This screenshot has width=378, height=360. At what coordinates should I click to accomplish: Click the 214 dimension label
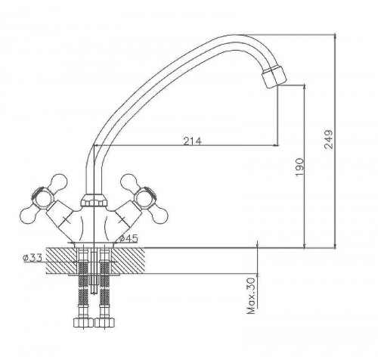[192, 141]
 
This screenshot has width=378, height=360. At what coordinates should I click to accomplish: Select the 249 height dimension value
[328, 139]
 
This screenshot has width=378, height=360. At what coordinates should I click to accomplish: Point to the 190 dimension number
[299, 167]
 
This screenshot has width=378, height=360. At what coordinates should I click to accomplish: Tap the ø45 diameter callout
[129, 238]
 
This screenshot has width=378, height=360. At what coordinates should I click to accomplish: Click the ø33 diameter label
[33, 258]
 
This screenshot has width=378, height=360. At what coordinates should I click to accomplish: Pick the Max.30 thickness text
[251, 296]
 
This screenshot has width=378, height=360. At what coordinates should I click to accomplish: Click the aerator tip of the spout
[274, 76]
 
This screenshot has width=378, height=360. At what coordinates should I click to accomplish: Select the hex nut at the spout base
[94, 200]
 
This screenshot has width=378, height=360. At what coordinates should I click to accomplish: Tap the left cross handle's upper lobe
[59, 182]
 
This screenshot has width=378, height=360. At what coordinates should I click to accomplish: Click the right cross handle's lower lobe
[160, 216]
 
